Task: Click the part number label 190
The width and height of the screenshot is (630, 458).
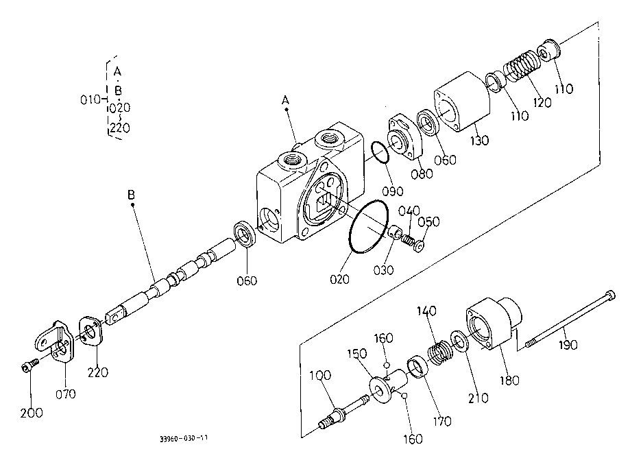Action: (568, 344)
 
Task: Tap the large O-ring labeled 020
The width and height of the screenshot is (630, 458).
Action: (369, 226)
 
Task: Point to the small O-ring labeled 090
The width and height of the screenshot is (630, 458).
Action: (380, 152)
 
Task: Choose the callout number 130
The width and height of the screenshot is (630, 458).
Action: (479, 141)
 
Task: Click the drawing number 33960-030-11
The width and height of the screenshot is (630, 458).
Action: (184, 438)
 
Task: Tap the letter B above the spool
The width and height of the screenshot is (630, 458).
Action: (131, 195)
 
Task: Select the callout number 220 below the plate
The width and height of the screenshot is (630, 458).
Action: (98, 372)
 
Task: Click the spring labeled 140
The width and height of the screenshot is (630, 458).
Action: (439, 352)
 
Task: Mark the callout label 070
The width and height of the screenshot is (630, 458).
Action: (66, 394)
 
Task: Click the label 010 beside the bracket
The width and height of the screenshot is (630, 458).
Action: (90, 99)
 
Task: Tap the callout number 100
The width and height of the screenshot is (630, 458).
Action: (320, 375)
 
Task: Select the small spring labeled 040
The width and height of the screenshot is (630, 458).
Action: (407, 239)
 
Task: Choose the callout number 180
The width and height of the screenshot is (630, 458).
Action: (509, 380)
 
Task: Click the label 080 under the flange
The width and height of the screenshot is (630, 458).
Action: (422, 173)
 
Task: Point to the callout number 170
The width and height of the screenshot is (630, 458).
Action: (441, 421)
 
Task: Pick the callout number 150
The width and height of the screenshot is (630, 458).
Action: (357, 354)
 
